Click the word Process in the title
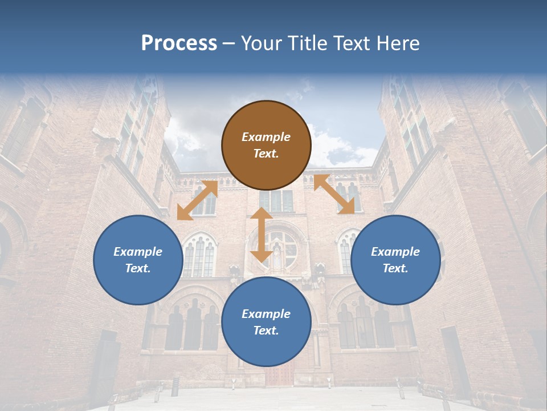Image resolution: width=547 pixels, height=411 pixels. click(179, 43)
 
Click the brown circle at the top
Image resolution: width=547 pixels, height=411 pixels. click(266, 145)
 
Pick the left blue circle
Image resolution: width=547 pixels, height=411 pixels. click(138, 260)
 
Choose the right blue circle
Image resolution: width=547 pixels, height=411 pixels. click(395, 260)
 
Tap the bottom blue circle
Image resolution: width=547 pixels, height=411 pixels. click(266, 322)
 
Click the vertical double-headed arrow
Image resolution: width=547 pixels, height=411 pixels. click(262, 235)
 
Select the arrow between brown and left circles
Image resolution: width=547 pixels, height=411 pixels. click(197, 200)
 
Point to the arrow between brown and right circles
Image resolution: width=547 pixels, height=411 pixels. click(334, 194)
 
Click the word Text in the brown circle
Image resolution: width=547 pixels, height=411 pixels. click(266, 154)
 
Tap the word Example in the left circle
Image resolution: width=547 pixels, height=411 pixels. click(138, 252)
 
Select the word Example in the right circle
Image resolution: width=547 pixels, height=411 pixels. click(395, 252)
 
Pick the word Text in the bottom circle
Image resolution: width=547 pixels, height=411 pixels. click(266, 331)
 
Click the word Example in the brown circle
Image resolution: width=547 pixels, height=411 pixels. click(266, 137)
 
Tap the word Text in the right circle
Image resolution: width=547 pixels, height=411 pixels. click(395, 268)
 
